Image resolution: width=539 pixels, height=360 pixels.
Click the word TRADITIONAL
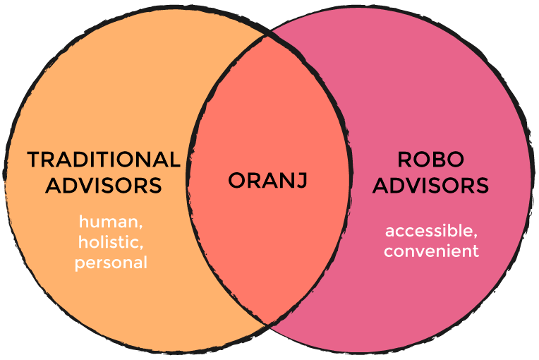coord(104,160)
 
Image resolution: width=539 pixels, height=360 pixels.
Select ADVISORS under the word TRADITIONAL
coord(104,186)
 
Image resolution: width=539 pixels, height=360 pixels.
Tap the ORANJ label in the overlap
coord(268,181)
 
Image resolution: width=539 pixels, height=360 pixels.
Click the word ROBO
coord(431,160)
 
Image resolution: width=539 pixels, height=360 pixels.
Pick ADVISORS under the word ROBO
coord(431,186)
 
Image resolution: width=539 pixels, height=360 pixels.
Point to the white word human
coord(108,221)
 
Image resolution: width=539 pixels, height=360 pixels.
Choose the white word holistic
coord(108,241)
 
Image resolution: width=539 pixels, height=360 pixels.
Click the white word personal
coord(111,263)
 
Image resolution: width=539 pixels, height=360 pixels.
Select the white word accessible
coord(429,230)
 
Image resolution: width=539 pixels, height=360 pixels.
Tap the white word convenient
coord(431,251)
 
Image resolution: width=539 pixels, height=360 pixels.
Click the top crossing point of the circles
coord(267,35)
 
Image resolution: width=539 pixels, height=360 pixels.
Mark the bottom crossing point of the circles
coord(267,323)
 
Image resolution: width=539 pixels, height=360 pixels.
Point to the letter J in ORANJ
coord(301,181)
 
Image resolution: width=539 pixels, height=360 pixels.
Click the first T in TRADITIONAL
coord(35,160)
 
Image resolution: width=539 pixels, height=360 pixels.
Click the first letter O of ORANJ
coord(238,181)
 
